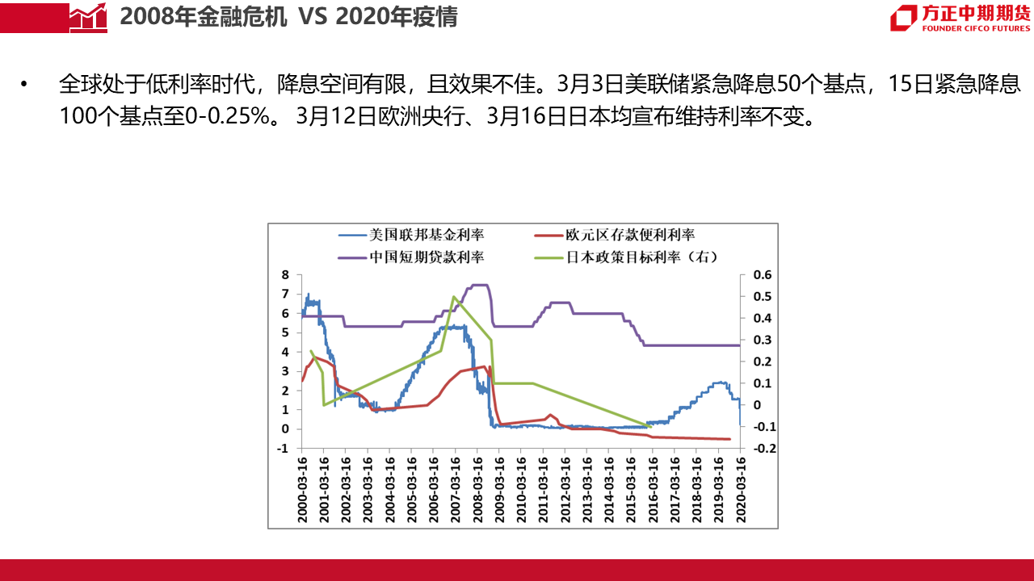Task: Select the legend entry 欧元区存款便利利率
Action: (x=630, y=235)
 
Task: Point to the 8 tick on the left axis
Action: (x=285, y=275)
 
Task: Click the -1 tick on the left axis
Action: (x=284, y=449)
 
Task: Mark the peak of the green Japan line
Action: (x=454, y=297)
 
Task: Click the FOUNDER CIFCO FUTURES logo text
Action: (x=976, y=29)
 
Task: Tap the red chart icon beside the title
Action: (x=88, y=16)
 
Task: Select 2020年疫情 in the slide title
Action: (x=395, y=17)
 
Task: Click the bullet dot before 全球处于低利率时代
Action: (x=24, y=84)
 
